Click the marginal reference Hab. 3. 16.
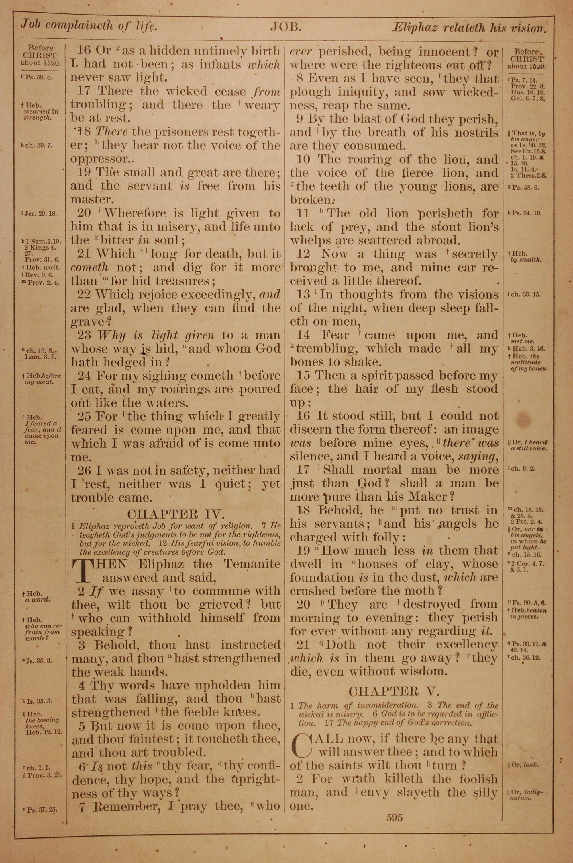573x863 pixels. (x=525, y=349)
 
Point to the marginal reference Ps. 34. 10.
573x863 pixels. (x=525, y=213)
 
